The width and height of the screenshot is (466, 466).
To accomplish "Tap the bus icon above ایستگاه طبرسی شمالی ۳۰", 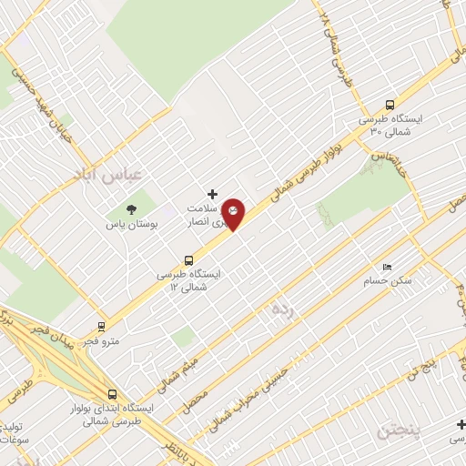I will tap(390, 104).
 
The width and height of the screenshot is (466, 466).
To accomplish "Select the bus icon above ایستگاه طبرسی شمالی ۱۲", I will tap(188, 259).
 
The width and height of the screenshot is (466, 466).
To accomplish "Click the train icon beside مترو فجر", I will tap(101, 325).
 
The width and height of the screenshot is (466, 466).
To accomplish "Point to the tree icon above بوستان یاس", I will tap(132, 208).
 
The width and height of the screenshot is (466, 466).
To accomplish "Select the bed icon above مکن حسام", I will tap(387, 267).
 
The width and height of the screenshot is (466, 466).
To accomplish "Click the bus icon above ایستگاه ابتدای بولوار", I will tap(112, 395).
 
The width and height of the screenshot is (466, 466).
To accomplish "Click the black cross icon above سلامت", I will tap(212, 194).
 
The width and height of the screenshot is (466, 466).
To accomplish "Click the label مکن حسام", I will tap(392, 280).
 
